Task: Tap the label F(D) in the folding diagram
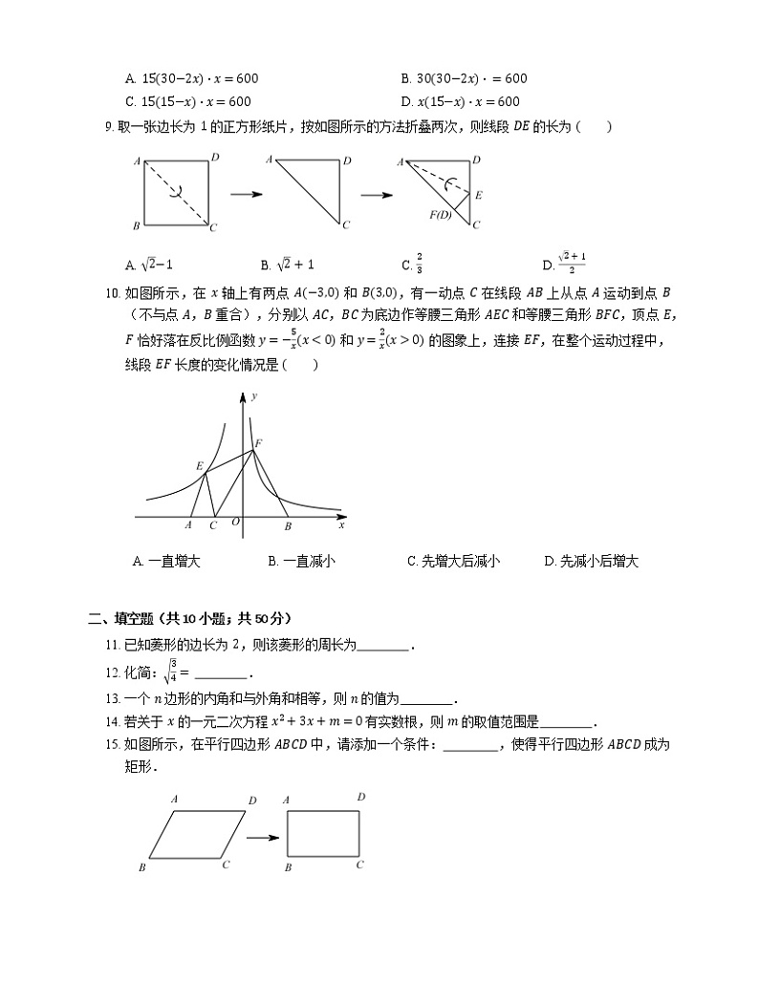(x=441, y=214)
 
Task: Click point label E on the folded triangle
(x=478, y=195)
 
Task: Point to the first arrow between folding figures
(x=246, y=195)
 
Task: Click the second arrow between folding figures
(x=377, y=195)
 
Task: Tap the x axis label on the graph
(x=341, y=525)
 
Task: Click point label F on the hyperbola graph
(x=258, y=442)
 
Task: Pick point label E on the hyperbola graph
(x=199, y=465)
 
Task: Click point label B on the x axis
(x=288, y=525)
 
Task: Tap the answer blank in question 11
(x=383, y=646)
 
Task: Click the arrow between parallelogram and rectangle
(x=262, y=838)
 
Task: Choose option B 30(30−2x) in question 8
(x=464, y=78)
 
